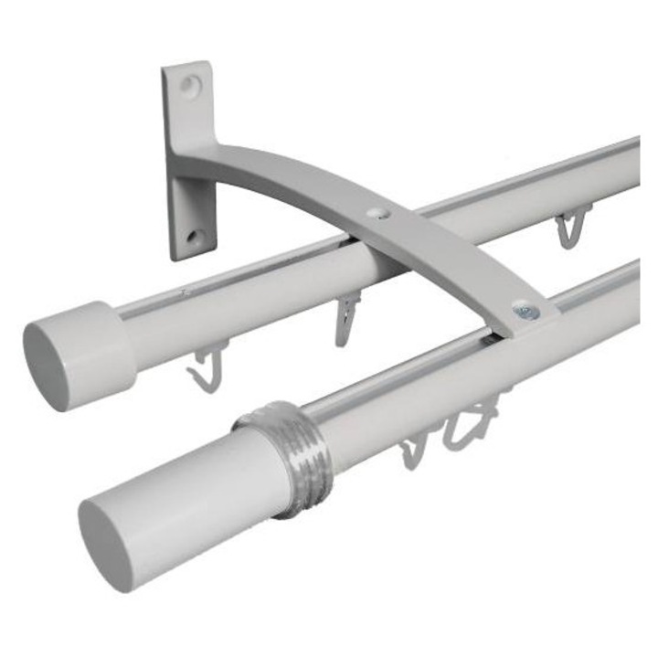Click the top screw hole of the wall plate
point(190,86)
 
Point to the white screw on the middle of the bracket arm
point(377,212)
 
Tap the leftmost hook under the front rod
point(414,449)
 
